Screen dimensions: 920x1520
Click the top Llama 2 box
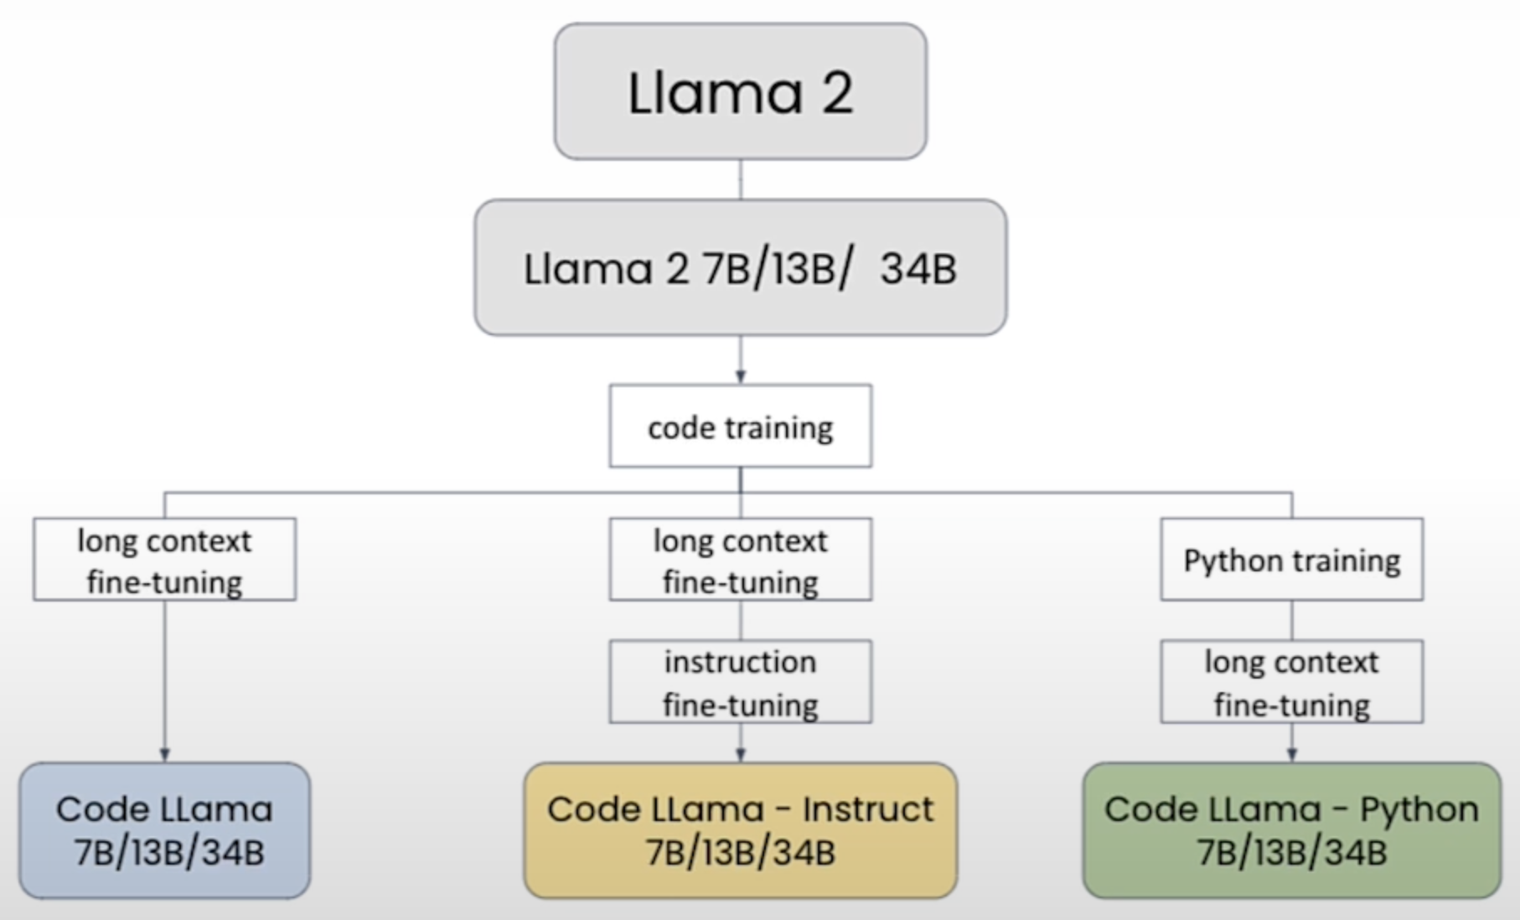pyautogui.click(x=740, y=91)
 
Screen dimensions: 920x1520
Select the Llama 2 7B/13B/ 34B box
pyautogui.click(x=740, y=268)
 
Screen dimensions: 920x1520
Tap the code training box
pyautogui.click(x=740, y=426)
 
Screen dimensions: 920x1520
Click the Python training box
pyautogui.click(x=1291, y=560)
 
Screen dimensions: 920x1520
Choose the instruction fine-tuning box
pyautogui.click(x=740, y=682)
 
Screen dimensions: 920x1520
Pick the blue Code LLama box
pyautogui.click(x=165, y=830)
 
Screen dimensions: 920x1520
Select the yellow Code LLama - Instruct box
pyautogui.click(x=740, y=830)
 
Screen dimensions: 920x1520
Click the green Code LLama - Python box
pyautogui.click(x=1291, y=830)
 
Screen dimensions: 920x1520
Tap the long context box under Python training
pyautogui.click(x=1291, y=682)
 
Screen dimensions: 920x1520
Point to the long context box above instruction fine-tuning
pyautogui.click(x=740, y=560)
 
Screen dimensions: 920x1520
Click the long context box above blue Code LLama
pyautogui.click(x=165, y=560)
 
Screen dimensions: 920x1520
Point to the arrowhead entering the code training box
pyautogui.click(x=740, y=378)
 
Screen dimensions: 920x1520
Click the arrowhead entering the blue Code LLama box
pyautogui.click(x=165, y=755)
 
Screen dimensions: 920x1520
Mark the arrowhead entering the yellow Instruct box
pyautogui.click(x=740, y=755)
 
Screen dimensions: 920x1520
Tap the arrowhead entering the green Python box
pyautogui.click(x=1291, y=755)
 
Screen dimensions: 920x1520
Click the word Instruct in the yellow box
pyautogui.click(x=867, y=809)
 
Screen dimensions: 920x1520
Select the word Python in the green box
pyautogui.click(x=1419, y=809)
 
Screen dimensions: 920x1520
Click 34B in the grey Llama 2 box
pyautogui.click(x=918, y=269)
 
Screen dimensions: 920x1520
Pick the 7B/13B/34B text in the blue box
pyautogui.click(x=168, y=853)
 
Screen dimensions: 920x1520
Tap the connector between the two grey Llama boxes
pyautogui.click(x=740, y=179)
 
